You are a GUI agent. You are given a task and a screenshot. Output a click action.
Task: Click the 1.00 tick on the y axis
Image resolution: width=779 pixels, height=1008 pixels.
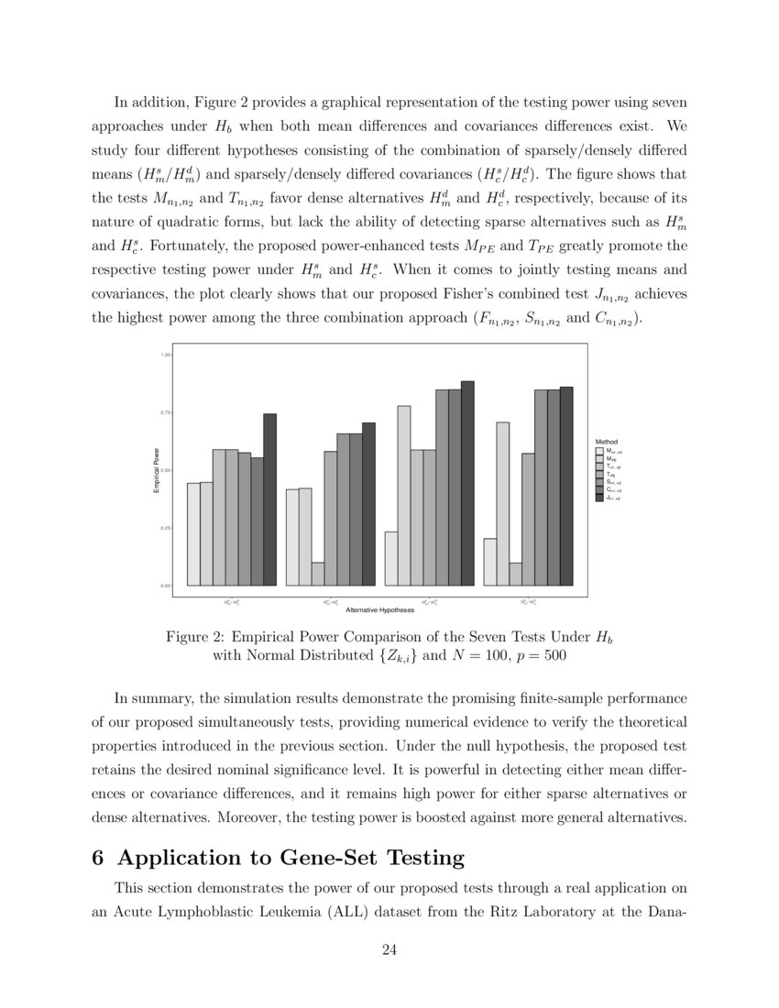[167, 355]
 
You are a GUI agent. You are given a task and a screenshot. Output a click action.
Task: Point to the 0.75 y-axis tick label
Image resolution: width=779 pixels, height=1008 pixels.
[167, 412]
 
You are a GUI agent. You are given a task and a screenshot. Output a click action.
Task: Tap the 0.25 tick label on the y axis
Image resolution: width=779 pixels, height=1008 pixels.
[167, 528]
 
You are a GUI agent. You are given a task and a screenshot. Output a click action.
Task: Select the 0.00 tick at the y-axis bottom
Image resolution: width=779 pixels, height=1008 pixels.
[167, 586]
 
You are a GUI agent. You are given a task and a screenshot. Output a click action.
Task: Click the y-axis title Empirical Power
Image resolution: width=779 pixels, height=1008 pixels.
[156, 470]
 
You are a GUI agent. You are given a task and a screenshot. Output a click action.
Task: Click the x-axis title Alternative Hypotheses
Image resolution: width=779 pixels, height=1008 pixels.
[379, 610]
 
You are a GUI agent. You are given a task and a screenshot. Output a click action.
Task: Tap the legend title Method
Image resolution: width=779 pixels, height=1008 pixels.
[607, 442]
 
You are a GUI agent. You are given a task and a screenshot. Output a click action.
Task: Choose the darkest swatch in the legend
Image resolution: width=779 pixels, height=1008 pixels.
[600, 498]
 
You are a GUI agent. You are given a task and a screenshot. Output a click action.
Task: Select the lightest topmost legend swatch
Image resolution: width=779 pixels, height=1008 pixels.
[600, 451]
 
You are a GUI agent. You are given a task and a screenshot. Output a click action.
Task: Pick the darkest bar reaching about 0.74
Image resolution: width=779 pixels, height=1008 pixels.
[269, 499]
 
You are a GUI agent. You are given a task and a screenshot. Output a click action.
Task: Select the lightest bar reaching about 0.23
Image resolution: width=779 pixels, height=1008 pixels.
[391, 558]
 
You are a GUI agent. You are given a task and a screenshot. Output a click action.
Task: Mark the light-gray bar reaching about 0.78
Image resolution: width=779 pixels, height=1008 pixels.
[404, 495]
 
